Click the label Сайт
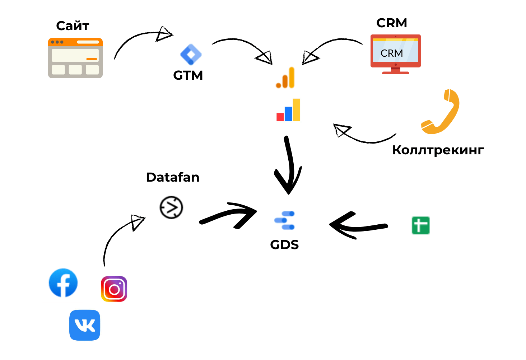click(73, 26)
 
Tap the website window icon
click(75, 58)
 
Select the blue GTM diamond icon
click(191, 54)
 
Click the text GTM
click(188, 75)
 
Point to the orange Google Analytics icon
click(285, 78)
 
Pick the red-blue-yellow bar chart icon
click(288, 110)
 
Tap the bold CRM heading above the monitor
click(391, 23)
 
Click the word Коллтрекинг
click(438, 150)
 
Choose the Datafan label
click(173, 177)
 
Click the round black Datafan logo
click(171, 207)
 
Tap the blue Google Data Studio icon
click(285, 220)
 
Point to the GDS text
click(284, 245)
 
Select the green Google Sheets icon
click(420, 225)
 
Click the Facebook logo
click(63, 283)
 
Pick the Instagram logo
click(114, 289)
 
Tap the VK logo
click(85, 325)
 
